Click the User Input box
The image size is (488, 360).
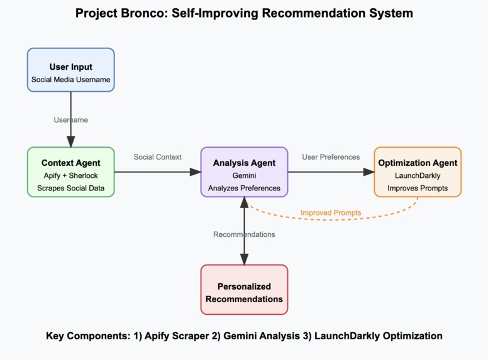click(70, 70)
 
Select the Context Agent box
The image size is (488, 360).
click(70, 172)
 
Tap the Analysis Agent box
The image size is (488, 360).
click(244, 172)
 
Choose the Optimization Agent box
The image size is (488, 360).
click(418, 172)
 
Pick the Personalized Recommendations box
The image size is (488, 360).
click(244, 289)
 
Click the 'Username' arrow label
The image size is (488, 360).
click(71, 119)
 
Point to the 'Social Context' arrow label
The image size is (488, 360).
click(157, 156)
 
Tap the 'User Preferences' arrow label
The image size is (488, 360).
click(331, 156)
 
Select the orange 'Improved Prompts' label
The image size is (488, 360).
click(331, 212)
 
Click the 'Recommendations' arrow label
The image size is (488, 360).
click(244, 234)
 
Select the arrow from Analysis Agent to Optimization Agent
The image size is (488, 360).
click(331, 172)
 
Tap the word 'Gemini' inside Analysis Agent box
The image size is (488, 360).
click(244, 176)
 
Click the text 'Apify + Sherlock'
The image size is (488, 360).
click(70, 176)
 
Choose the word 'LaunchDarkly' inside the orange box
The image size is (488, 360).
click(418, 176)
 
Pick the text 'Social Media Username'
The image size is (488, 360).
click(70, 80)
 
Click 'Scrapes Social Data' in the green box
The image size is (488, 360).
click(70, 188)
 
